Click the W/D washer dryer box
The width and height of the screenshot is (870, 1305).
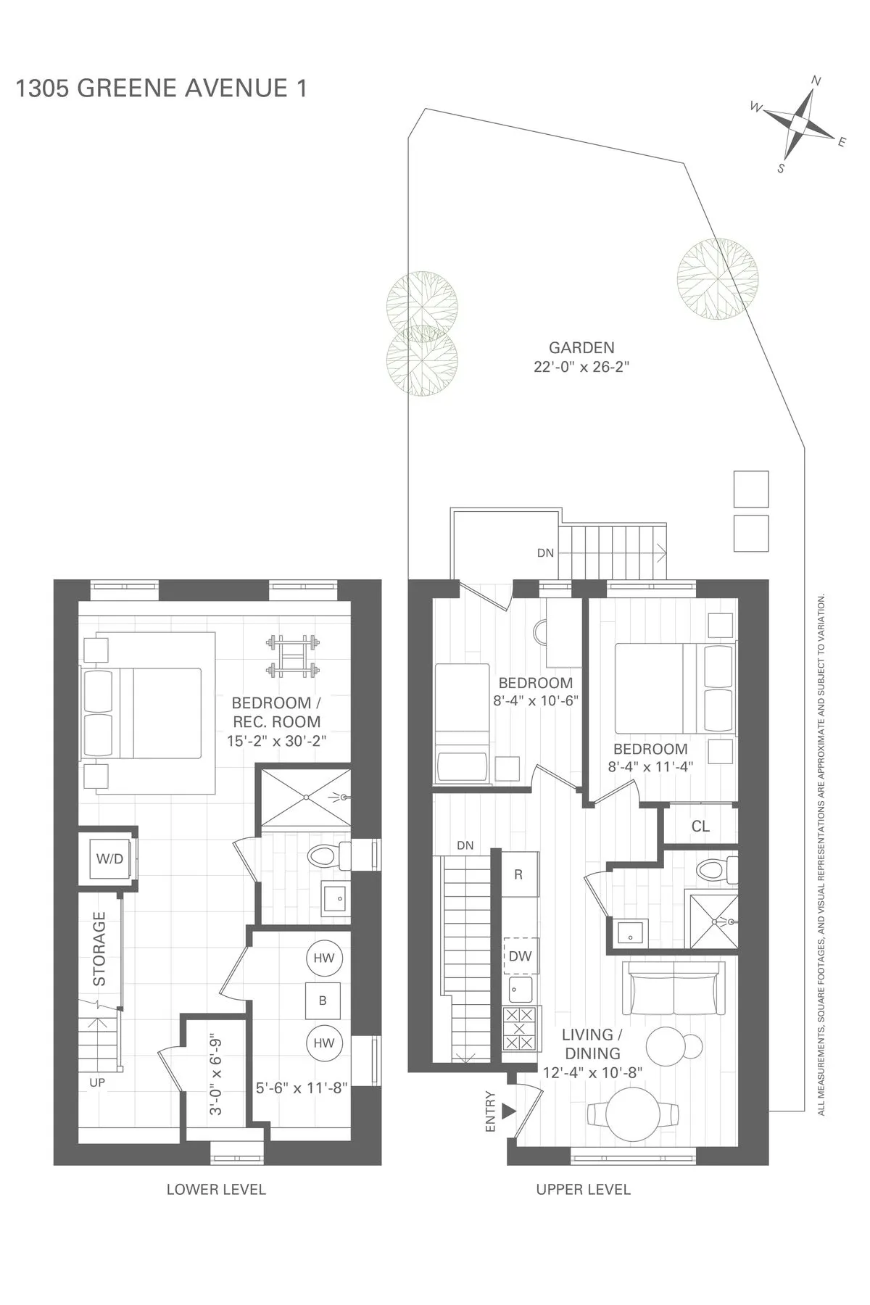(x=110, y=859)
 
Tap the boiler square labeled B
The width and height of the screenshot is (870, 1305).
(x=323, y=1000)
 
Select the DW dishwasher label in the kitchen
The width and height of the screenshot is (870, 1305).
(x=520, y=956)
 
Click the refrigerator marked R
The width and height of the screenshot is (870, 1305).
(x=518, y=874)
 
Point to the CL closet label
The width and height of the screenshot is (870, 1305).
(x=700, y=826)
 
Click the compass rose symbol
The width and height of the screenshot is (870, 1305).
(x=799, y=123)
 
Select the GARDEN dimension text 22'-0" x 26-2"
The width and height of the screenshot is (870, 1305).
(x=581, y=367)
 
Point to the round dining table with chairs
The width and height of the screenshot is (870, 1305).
(x=632, y=1114)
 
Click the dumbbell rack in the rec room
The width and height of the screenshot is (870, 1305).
(x=293, y=656)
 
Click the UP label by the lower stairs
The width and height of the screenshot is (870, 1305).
(x=97, y=1082)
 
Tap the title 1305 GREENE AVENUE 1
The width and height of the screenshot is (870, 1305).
(x=161, y=88)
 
